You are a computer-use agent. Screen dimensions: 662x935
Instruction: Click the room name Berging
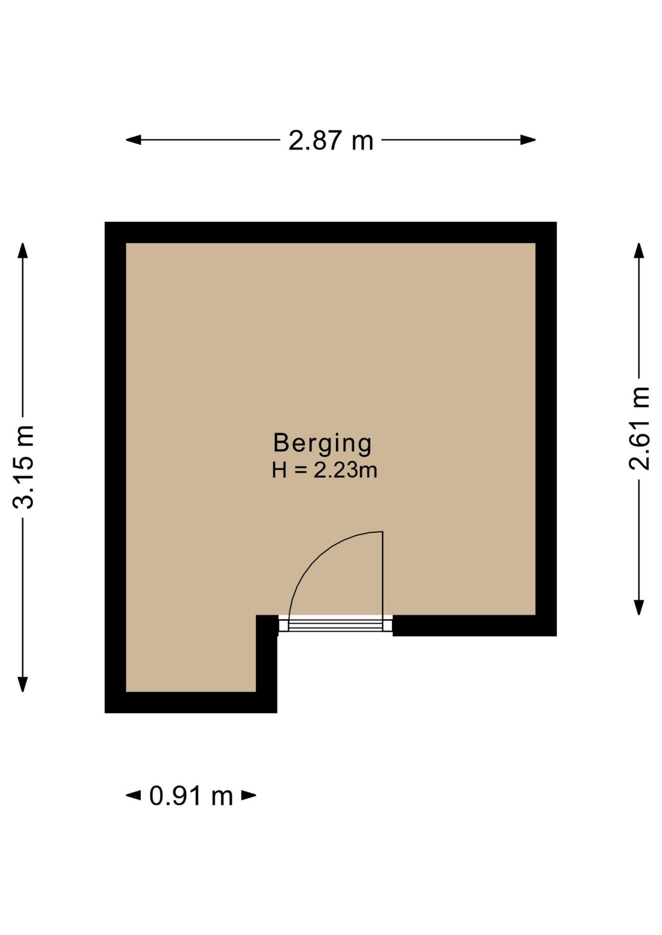click(322, 444)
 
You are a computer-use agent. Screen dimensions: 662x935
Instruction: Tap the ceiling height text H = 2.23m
click(324, 470)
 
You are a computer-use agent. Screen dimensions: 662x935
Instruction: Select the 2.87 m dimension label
click(331, 140)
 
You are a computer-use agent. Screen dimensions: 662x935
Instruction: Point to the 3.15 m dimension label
click(23, 467)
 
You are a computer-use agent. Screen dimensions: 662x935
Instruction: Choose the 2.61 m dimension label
click(639, 428)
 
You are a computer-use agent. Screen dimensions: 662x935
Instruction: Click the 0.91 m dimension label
click(191, 796)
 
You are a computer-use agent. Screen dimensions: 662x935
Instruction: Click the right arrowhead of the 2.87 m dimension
click(528, 140)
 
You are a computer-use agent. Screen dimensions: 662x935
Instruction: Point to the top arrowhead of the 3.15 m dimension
click(23, 250)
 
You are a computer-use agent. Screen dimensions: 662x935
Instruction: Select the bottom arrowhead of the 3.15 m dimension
click(23, 684)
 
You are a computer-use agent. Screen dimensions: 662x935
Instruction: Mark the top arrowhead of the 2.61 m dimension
click(639, 250)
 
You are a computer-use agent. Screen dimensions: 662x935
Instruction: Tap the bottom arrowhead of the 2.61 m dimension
click(639, 607)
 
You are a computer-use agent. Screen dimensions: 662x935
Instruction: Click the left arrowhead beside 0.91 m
click(134, 795)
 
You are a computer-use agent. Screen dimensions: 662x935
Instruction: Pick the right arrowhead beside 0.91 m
click(249, 795)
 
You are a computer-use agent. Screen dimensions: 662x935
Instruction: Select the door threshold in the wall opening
click(335, 624)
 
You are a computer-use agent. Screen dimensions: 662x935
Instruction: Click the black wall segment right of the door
click(474, 626)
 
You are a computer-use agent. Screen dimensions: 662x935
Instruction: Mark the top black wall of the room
click(331, 232)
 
